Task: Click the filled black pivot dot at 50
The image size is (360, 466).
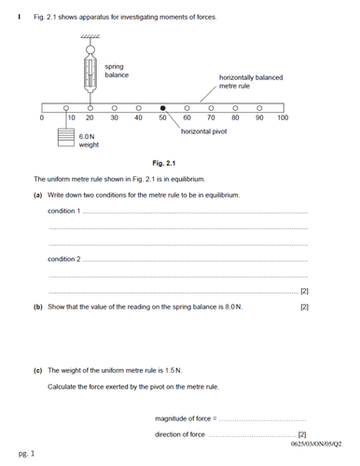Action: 162,108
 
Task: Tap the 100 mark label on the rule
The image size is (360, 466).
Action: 283,118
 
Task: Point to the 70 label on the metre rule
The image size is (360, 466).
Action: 211,118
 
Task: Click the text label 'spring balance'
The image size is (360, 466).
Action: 116,71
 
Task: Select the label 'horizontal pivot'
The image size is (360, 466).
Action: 206,132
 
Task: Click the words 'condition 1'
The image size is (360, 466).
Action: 63,212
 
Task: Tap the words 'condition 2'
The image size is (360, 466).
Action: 63,259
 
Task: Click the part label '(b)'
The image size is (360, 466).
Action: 37,307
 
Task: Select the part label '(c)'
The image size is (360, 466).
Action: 37,370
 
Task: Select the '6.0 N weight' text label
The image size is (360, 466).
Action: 90,141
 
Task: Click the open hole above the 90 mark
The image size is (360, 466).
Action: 259,108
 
